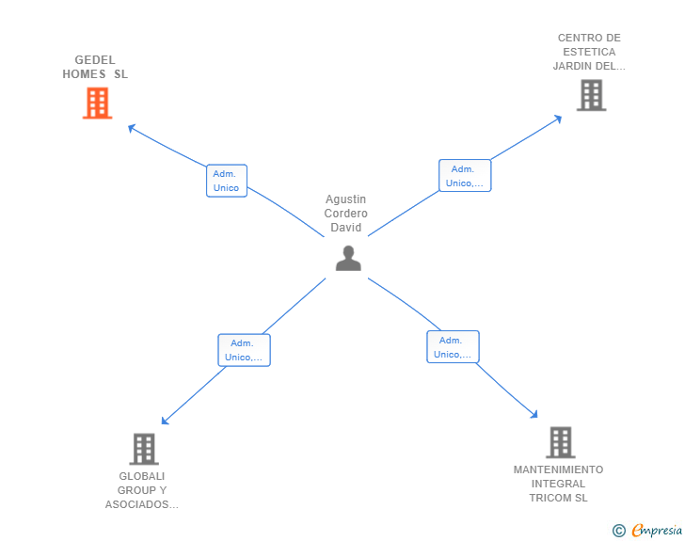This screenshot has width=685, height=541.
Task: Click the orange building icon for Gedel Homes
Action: click(x=97, y=103)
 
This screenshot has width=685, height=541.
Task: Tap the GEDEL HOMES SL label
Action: click(x=95, y=67)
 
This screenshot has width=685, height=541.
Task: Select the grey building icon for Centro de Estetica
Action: click(x=591, y=95)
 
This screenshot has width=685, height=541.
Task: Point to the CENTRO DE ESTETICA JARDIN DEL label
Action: click(x=589, y=52)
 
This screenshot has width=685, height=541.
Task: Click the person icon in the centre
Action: click(x=348, y=258)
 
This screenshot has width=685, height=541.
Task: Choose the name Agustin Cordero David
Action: click(x=346, y=214)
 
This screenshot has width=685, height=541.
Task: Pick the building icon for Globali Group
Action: click(x=143, y=449)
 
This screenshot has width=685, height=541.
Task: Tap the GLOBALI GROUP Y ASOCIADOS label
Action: click(x=142, y=490)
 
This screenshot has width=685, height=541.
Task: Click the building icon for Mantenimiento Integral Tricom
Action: click(x=560, y=442)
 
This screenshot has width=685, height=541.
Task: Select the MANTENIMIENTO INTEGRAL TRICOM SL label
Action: click(x=558, y=484)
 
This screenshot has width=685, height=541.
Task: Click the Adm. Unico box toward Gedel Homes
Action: click(x=226, y=181)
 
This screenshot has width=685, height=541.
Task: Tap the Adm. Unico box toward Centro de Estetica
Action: click(x=464, y=176)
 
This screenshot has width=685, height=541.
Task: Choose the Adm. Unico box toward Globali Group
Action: click(x=244, y=350)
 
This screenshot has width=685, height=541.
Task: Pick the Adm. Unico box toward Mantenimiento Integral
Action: click(x=453, y=347)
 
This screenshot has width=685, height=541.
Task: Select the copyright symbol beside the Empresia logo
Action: click(x=618, y=532)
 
